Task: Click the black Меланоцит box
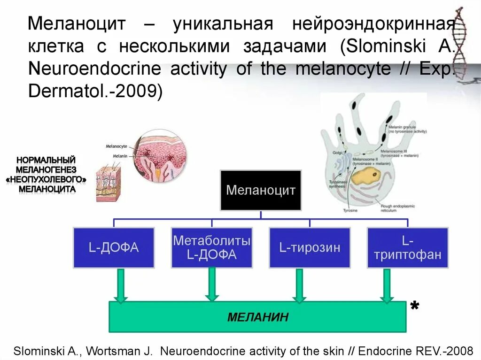tap(261, 190)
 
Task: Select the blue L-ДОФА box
tap(114, 247)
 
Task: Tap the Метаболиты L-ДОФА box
tap(211, 247)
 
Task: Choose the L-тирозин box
tap(310, 247)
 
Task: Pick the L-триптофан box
tap(407, 247)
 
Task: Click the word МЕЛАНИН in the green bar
tap(258, 317)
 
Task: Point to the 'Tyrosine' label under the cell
tap(350, 211)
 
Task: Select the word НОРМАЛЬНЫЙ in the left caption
tap(47, 161)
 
